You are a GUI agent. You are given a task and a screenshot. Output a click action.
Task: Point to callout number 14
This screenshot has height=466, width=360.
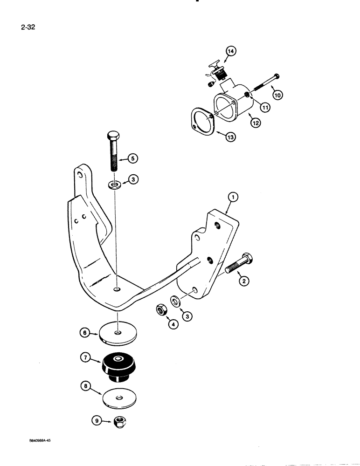(231, 52)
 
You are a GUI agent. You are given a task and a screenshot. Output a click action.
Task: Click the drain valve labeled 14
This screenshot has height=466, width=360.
(217, 73)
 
